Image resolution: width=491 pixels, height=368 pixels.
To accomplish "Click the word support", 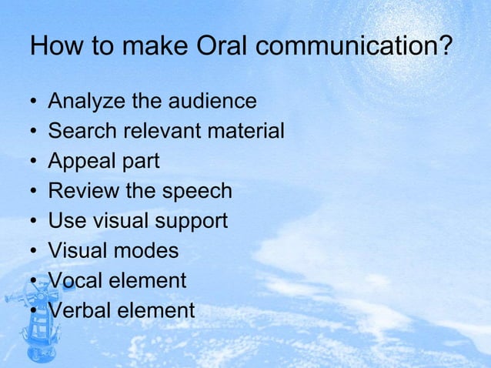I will pyautogui.click(x=192, y=222).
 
